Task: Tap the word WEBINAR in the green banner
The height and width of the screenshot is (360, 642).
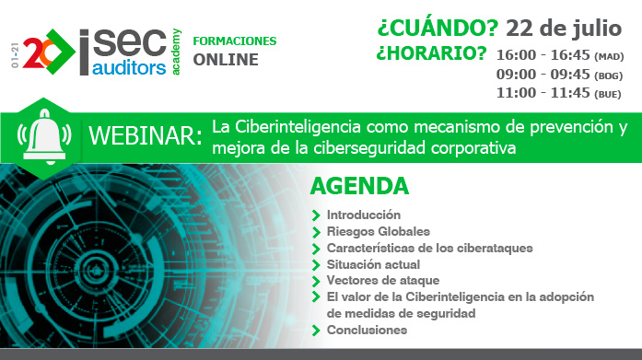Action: tap(145, 136)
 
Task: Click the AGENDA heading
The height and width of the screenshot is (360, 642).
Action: tap(359, 186)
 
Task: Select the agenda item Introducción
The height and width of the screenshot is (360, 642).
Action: tap(363, 215)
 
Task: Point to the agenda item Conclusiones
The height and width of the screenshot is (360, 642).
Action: tap(367, 330)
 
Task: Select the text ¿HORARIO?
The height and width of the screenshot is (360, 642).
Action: tap(431, 53)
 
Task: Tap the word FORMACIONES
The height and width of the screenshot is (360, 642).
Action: tap(234, 42)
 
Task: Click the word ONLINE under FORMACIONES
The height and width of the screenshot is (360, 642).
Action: tap(226, 61)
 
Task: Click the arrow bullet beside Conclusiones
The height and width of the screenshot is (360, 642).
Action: tap(318, 331)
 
